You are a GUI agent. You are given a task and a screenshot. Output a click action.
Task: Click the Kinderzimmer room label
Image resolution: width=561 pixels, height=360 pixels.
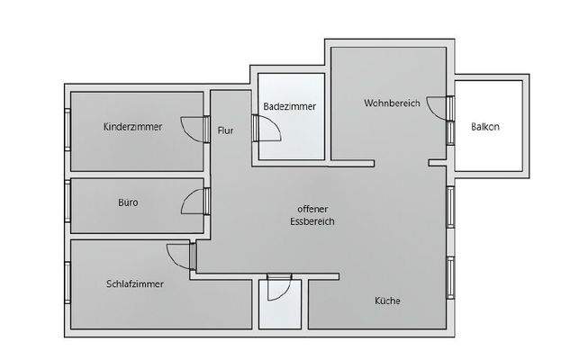click(x=132, y=127)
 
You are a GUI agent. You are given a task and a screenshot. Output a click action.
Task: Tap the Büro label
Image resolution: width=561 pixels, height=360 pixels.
click(x=129, y=202)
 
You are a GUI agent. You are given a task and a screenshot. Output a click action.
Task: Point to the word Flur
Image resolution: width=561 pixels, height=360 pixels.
click(x=225, y=131)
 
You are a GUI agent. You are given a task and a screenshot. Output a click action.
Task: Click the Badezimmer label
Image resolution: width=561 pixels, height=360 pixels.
click(x=289, y=106)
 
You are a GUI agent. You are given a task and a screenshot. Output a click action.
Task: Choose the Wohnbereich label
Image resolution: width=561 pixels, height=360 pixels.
click(x=392, y=103)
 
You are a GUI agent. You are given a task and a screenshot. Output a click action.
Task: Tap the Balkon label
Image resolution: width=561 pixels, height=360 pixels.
click(x=484, y=127)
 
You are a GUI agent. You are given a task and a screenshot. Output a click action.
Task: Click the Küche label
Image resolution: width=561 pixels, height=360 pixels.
click(x=387, y=301)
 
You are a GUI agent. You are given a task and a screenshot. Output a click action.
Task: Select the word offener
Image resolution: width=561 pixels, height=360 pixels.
click(x=301, y=207)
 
